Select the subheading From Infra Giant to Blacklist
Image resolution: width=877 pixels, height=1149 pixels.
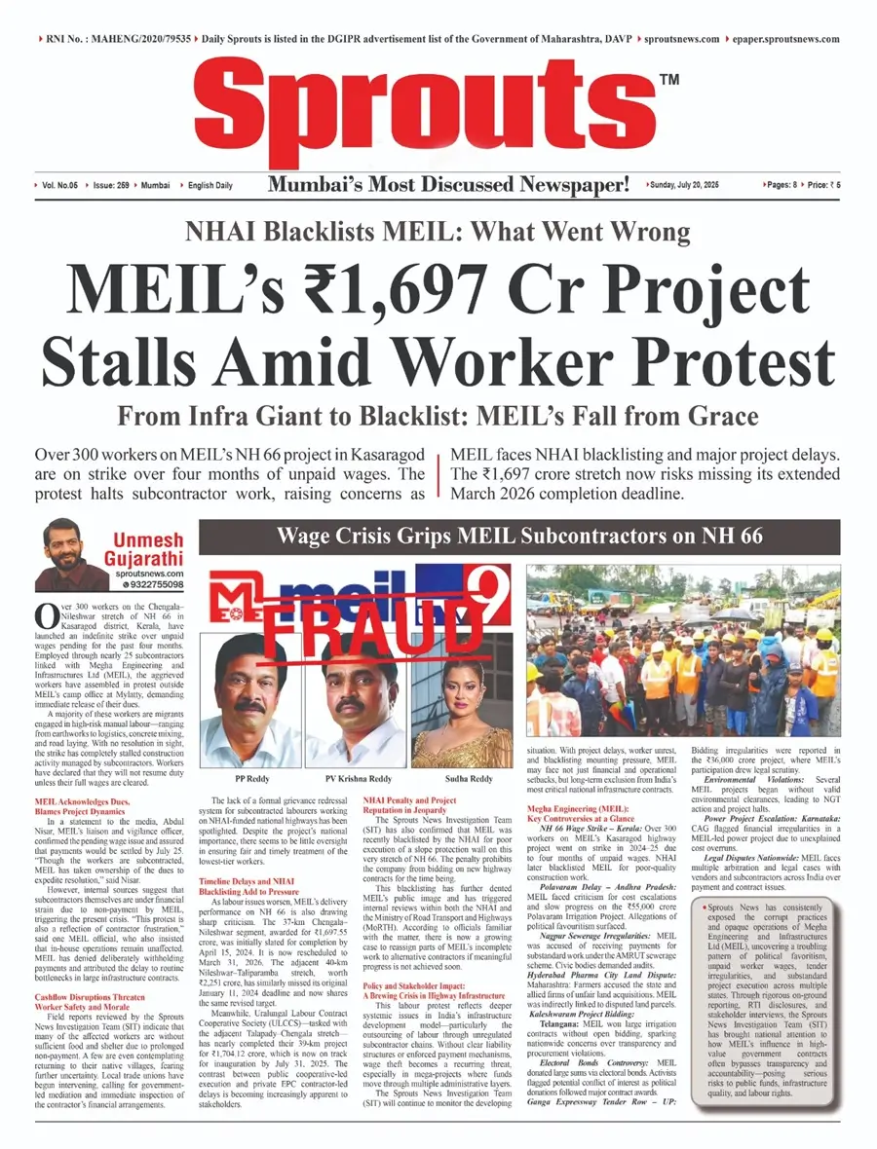[438, 418]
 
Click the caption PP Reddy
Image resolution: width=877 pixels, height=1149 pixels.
[253, 753]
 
